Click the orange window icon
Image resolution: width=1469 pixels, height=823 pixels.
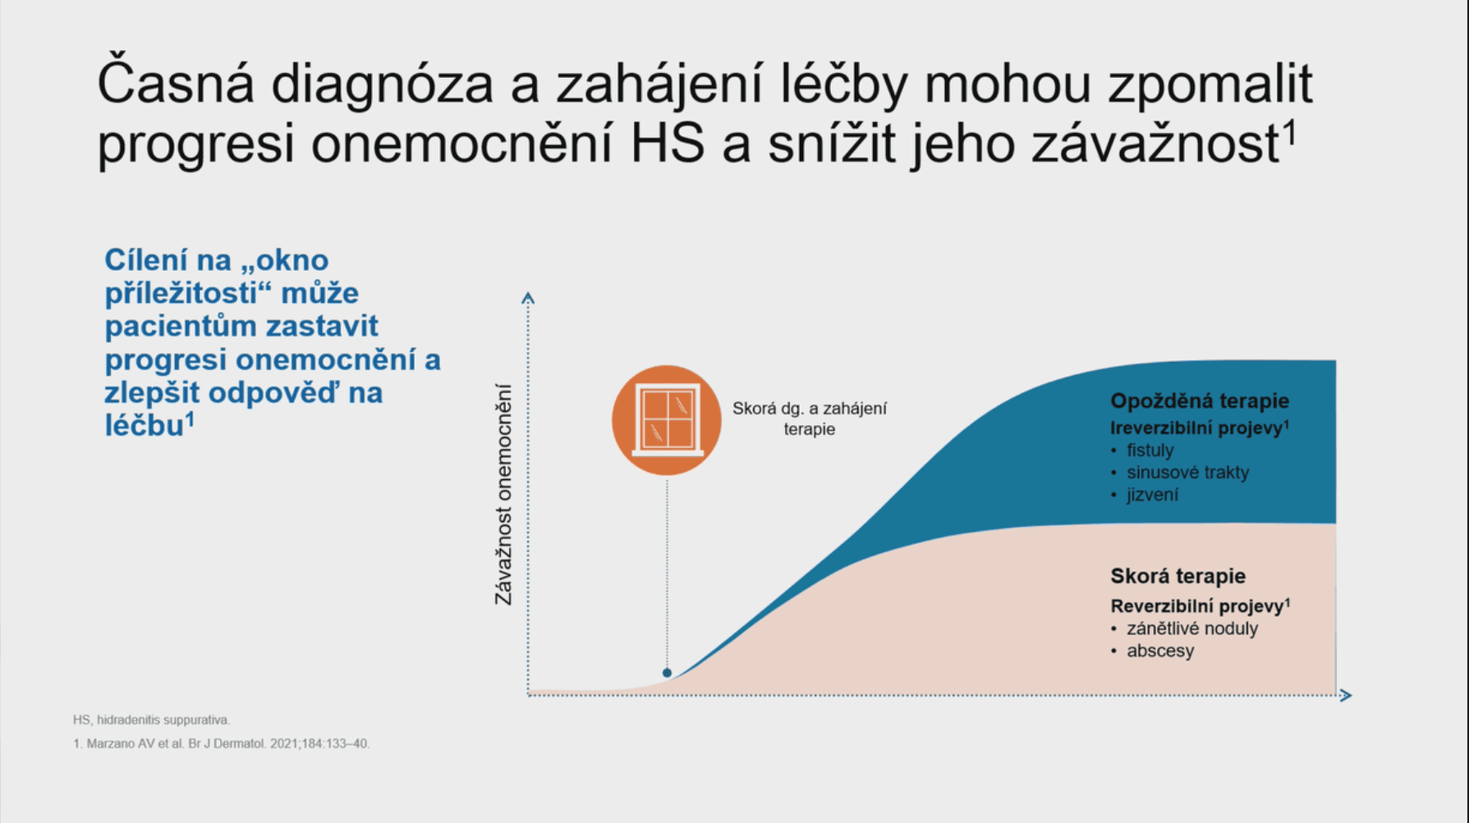pyautogui.click(x=667, y=420)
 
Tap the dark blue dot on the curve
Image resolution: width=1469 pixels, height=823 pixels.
pyautogui.click(x=667, y=673)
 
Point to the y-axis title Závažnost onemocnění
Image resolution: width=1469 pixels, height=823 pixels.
pyautogui.click(x=503, y=494)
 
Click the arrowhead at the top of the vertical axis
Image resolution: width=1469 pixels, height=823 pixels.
pyautogui.click(x=528, y=298)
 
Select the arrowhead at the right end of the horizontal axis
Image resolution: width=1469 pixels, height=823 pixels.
pyautogui.click(x=1345, y=695)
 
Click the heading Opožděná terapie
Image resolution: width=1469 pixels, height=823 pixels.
pyautogui.click(x=1200, y=400)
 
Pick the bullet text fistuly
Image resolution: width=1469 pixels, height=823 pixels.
pyautogui.click(x=1150, y=450)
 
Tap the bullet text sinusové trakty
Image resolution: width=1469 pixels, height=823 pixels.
pyautogui.click(x=1187, y=472)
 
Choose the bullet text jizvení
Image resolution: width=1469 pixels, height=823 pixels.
pyautogui.click(x=1152, y=494)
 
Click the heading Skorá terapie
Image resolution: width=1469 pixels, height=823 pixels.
pyautogui.click(x=1177, y=576)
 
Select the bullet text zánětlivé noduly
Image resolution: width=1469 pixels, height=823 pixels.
pyautogui.click(x=1191, y=629)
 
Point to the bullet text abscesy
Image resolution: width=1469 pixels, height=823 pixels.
pyautogui.click(x=1160, y=651)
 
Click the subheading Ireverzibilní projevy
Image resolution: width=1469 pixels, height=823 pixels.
pyautogui.click(x=1200, y=428)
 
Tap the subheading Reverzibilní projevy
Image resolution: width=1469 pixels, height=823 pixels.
pyautogui.click(x=1200, y=606)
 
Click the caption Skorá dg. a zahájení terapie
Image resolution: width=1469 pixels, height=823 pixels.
pyautogui.click(x=810, y=418)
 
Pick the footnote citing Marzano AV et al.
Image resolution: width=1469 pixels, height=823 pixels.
pyautogui.click(x=222, y=743)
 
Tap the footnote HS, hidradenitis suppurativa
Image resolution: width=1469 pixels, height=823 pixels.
pyautogui.click(x=151, y=720)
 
